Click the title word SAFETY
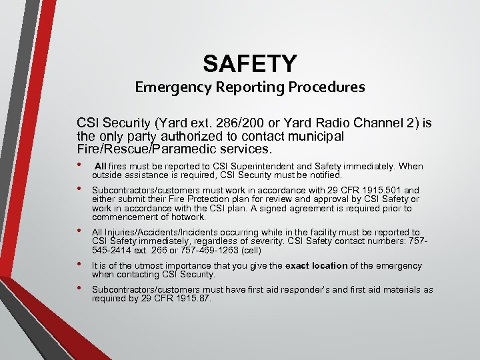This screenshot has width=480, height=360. pyautogui.click(x=250, y=63)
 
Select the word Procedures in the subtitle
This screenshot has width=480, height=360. pyautogui.click(x=327, y=87)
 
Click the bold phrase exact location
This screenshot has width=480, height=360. pyautogui.click(x=317, y=265)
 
